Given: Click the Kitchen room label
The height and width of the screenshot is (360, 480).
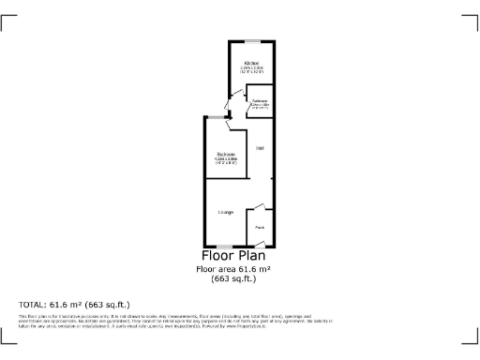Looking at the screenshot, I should (250, 63).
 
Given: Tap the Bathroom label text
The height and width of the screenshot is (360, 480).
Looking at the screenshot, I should (260, 100).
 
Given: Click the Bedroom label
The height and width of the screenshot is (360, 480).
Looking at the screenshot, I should (226, 154).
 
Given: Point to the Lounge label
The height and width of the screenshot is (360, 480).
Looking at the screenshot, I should (226, 213).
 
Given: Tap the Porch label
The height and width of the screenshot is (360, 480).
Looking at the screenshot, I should (260, 227).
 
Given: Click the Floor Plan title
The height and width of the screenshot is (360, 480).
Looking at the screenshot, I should (233, 255).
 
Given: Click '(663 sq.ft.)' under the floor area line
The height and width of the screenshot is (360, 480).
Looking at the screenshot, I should (233, 278).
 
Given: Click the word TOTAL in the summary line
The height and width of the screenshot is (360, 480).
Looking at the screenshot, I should (33, 305).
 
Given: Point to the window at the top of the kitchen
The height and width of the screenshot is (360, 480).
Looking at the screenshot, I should (250, 40).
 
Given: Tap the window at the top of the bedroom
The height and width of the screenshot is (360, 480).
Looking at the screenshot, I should (217, 116).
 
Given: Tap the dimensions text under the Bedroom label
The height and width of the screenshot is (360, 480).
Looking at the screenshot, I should (226, 161).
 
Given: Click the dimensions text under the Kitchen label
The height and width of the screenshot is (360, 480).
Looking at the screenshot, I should (250, 70).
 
